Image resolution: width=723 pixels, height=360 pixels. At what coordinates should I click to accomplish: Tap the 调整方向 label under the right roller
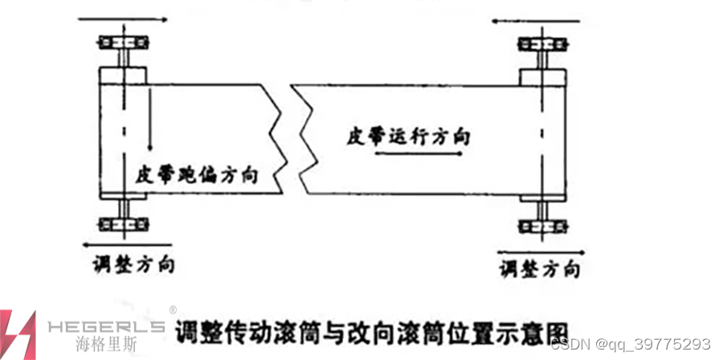pyautogui.click(x=539, y=268)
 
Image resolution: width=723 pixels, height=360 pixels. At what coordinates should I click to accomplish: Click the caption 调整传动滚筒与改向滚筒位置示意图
pyautogui.click(x=371, y=330)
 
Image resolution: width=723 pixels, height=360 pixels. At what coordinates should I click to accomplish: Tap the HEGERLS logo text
pyautogui.click(x=105, y=326)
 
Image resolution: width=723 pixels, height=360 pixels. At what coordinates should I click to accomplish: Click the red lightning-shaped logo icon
pyautogui.click(x=18, y=333)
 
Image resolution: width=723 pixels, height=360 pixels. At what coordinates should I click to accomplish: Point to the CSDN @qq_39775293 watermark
pyautogui.click(x=631, y=343)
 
